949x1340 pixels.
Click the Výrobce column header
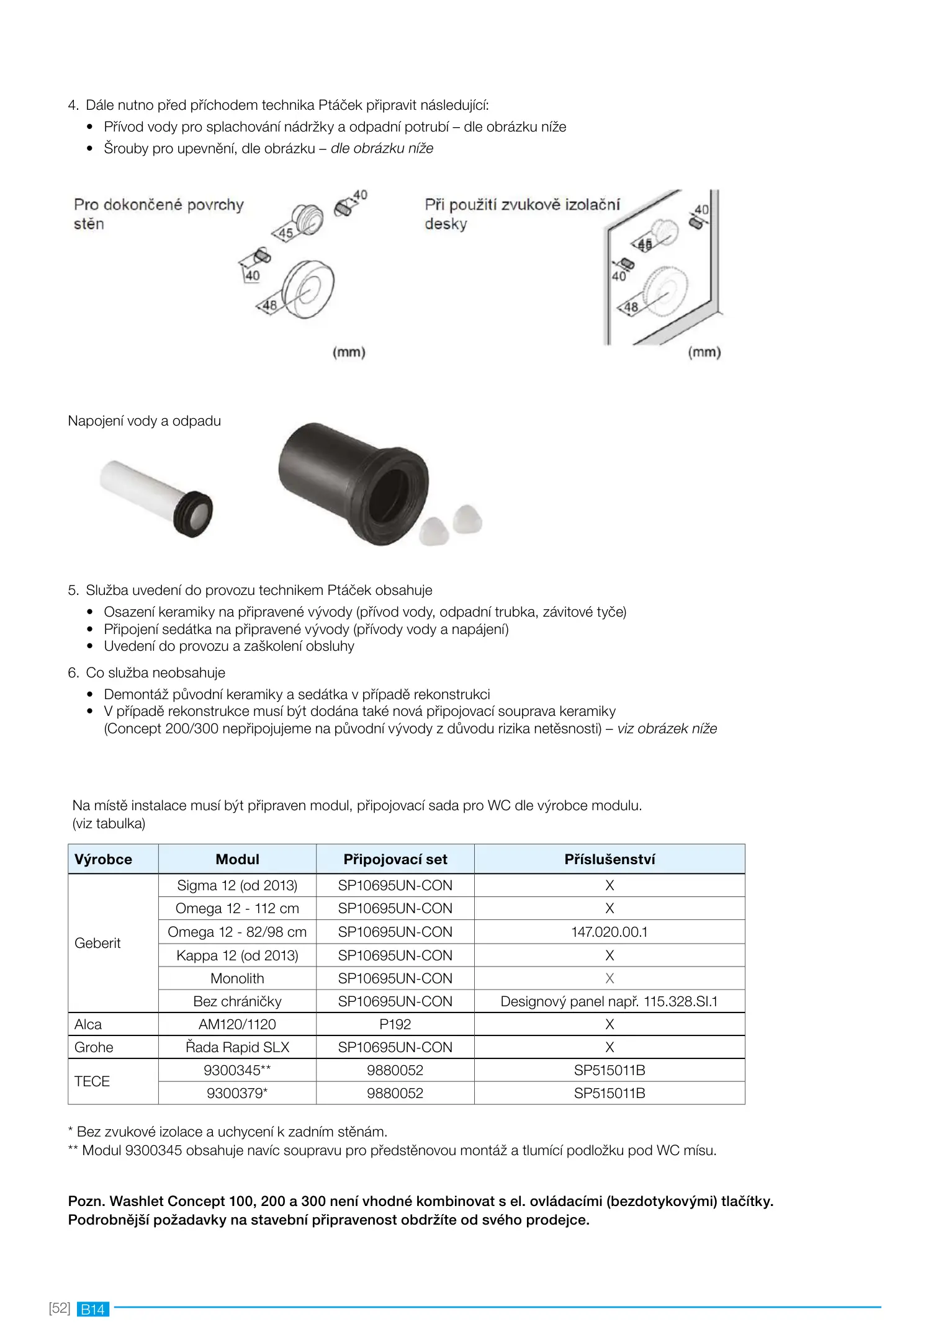pyautogui.click(x=103, y=859)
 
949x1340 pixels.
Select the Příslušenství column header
pyautogui.click(x=609, y=859)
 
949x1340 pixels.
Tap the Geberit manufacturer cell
pyautogui.click(x=98, y=943)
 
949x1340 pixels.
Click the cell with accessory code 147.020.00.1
pyautogui.click(x=609, y=932)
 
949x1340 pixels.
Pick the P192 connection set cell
pyautogui.click(x=395, y=1024)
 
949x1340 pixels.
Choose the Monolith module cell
pyautogui.click(x=237, y=978)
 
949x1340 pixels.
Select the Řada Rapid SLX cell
pyautogui.click(x=237, y=1047)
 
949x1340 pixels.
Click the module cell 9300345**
pyautogui.click(x=237, y=1070)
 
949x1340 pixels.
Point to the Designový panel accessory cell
pyautogui.click(x=609, y=1001)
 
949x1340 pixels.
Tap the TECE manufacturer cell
pyautogui.click(x=92, y=1081)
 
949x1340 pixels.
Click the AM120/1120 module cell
pyautogui.click(x=237, y=1024)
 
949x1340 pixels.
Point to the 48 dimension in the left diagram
pyautogui.click(x=269, y=305)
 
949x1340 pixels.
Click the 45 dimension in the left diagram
pyautogui.click(x=286, y=233)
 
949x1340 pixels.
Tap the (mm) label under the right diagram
pyautogui.click(x=704, y=352)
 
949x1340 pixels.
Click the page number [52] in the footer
pyautogui.click(x=60, y=1308)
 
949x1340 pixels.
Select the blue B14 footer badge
pyautogui.click(x=93, y=1309)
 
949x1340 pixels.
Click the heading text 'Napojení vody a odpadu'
pyautogui.click(x=145, y=421)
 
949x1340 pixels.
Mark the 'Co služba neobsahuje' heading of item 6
pyautogui.click(x=155, y=672)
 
